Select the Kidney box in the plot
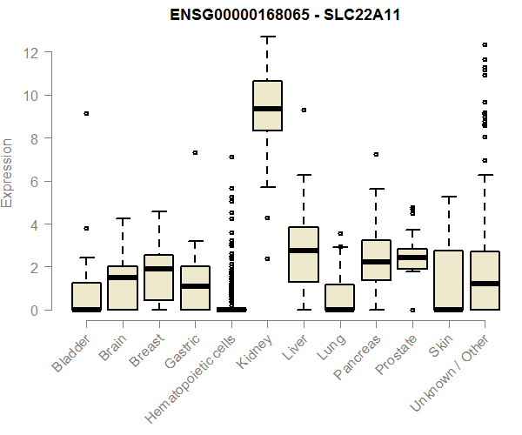tap(267, 105)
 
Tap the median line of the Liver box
tap(304, 251)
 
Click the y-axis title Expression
tap(8, 172)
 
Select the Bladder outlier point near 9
tap(86, 114)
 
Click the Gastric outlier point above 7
tap(195, 152)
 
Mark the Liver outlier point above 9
tap(304, 110)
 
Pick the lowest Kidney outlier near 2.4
tap(267, 258)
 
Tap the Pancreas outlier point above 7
tap(376, 154)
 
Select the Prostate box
tap(412, 258)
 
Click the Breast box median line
tap(158, 269)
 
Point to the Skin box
tap(448, 279)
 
